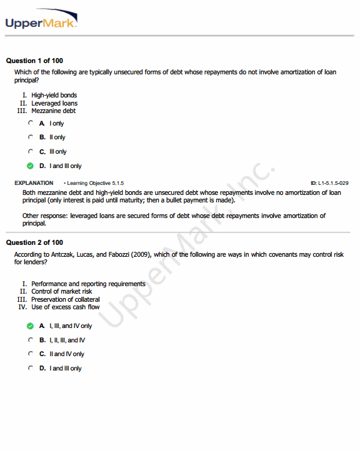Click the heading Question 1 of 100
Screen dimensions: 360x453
pyautogui.click(x=34, y=61)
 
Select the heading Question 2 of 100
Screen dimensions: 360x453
pyautogui.click(x=34, y=242)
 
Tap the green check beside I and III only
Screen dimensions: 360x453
pyautogui.click(x=30, y=166)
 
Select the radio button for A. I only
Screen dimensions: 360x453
pyautogui.click(x=30, y=123)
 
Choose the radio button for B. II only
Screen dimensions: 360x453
pyautogui.click(x=30, y=137)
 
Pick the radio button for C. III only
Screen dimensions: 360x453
pyautogui.click(x=30, y=151)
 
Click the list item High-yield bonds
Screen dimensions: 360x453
pyautogui.click(x=54, y=95)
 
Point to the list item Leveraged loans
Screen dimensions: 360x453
pyautogui.click(x=54, y=103)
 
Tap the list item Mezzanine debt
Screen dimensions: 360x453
pyautogui.click(x=53, y=111)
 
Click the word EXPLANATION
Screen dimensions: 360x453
pyautogui.click(x=33, y=183)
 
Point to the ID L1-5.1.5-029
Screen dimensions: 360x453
pyautogui.click(x=329, y=183)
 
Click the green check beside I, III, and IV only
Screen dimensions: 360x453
pyautogui.click(x=30, y=326)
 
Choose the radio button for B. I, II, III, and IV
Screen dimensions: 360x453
pyautogui.click(x=30, y=340)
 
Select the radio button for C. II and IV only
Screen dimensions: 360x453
pyautogui.click(x=30, y=354)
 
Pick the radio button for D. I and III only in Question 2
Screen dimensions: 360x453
pyautogui.click(x=30, y=368)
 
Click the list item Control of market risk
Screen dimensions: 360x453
pyautogui.click(x=61, y=291)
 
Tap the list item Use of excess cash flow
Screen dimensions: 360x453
pyautogui.click(x=65, y=307)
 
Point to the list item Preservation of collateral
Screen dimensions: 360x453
pyautogui.click(x=65, y=299)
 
